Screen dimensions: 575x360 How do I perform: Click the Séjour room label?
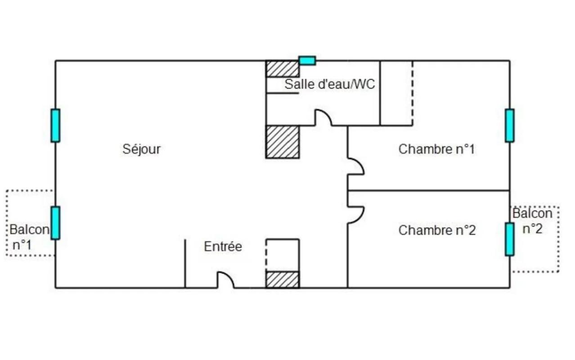pos(141,149)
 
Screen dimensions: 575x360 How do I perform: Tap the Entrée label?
pos(223,247)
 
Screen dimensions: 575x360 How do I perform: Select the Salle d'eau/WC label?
pos(330,84)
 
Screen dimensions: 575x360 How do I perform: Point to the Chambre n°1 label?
pos(436,149)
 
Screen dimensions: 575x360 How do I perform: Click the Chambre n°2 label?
pos(437,230)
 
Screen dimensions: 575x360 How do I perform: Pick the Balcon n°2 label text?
pos(532,220)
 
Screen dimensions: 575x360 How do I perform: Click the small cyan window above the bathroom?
pos(307,61)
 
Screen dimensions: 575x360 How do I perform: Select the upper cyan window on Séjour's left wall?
pos(55,126)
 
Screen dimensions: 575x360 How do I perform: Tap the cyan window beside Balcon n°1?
pos(55,223)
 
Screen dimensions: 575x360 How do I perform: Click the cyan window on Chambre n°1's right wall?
pos(510,126)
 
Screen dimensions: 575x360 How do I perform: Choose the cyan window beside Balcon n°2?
pos(510,239)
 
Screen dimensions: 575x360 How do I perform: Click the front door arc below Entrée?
pos(226,280)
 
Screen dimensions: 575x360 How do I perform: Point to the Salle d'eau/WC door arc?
pos(323,117)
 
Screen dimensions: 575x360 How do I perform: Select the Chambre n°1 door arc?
pos(356,166)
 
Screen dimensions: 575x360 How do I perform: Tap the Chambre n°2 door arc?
pos(356,215)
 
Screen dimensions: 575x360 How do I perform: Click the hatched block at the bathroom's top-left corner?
pos(283,69)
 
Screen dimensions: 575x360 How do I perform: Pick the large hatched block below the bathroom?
pos(283,142)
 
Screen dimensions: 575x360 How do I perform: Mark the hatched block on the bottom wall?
pos(283,279)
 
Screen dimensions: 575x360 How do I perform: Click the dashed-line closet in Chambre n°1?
pos(396,93)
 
